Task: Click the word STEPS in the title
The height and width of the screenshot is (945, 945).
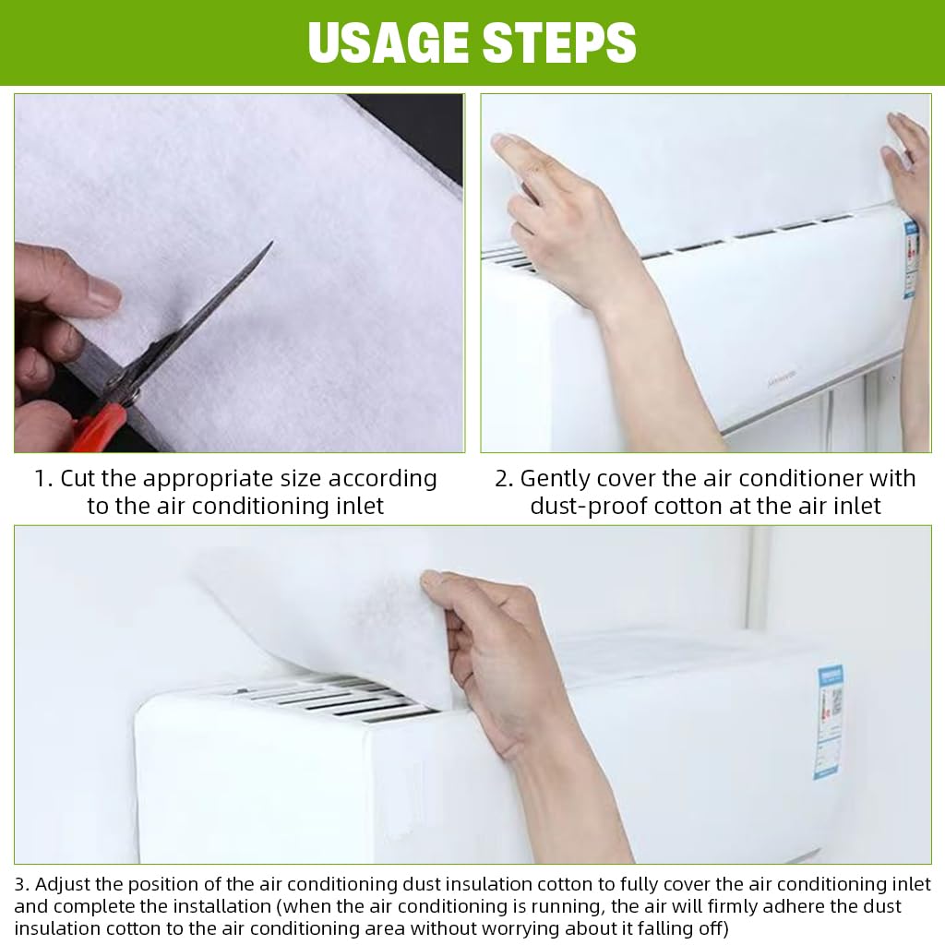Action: [x=560, y=42]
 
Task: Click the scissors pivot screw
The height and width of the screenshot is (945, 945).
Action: [x=131, y=395]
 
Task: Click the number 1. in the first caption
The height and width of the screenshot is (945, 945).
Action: [x=42, y=479]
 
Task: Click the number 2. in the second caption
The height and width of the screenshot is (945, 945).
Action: [x=504, y=479]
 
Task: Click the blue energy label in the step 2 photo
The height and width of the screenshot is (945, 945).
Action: [x=911, y=257]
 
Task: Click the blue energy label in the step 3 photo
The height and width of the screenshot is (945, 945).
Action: [x=831, y=720]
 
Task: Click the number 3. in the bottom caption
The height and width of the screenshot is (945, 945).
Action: [x=21, y=884]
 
